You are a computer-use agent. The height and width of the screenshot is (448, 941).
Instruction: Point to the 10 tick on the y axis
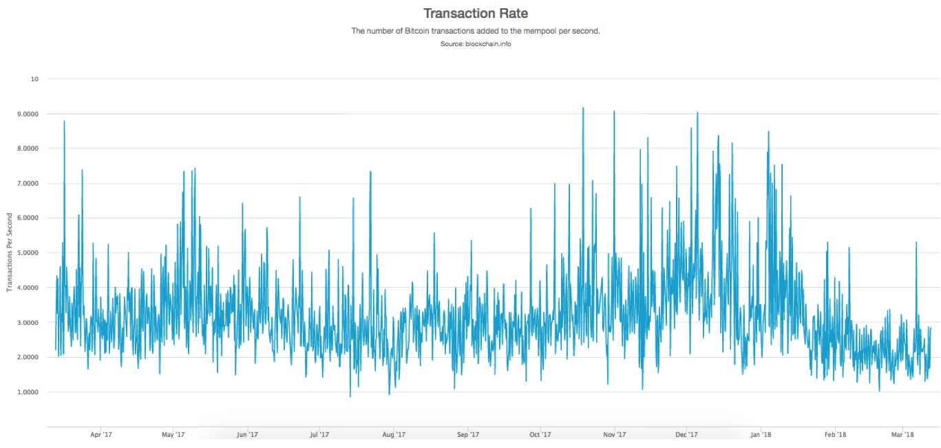point(34,78)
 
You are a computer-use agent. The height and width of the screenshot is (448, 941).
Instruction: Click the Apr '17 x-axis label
point(101,434)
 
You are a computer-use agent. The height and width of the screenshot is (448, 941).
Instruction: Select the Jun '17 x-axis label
point(246,434)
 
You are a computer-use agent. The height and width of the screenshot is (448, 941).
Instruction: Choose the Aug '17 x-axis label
point(393,434)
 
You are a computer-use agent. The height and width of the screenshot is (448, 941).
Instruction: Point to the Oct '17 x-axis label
point(540,434)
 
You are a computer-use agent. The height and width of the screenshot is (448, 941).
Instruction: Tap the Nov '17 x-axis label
point(614,434)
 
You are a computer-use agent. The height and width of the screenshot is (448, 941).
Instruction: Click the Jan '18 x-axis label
point(761,434)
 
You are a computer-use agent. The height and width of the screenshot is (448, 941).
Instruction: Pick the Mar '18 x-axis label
point(902,434)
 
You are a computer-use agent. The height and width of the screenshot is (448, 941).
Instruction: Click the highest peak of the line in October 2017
point(583,108)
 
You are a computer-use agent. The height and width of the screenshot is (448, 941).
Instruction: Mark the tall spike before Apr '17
point(64,122)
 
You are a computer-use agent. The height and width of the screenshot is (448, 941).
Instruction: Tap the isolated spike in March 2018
point(916,243)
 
